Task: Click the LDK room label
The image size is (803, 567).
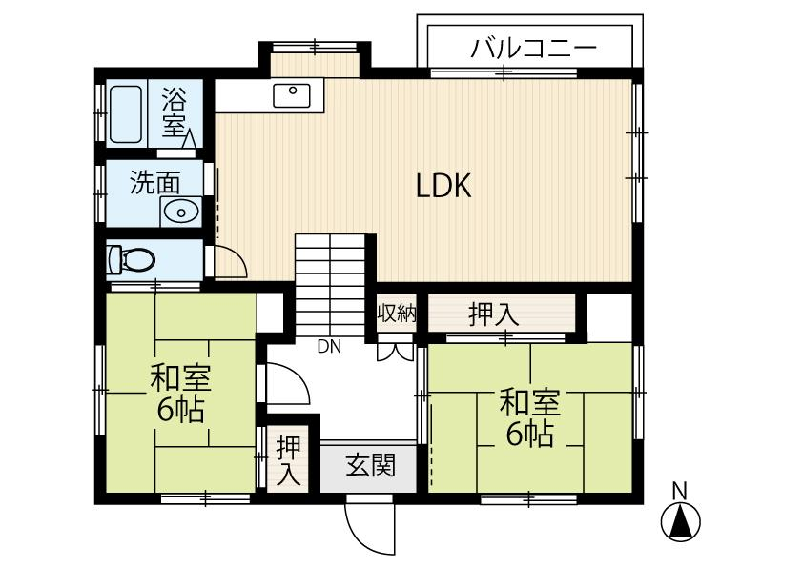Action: pos(443,185)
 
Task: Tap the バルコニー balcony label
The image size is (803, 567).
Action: pos(534,48)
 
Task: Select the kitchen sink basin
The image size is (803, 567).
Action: pos(292,95)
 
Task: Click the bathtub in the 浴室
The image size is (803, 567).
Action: pos(126,114)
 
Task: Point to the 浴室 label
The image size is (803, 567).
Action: pos(175,112)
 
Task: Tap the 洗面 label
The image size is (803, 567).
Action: pos(155,182)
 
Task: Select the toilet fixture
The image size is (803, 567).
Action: pos(131,259)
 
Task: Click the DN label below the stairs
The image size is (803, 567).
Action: pos(329,347)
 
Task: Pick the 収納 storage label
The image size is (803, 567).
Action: pos(397,314)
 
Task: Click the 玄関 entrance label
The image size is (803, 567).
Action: pos(371,466)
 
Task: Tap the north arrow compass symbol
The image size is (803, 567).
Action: pos(680,521)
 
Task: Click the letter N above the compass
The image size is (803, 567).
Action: pos(680,491)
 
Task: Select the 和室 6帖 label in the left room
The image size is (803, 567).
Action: pos(181,393)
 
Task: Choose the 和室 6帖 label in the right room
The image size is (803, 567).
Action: pos(530,417)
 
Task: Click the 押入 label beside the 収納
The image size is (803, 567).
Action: pos(494,314)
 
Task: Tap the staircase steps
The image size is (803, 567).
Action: pos(330,285)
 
